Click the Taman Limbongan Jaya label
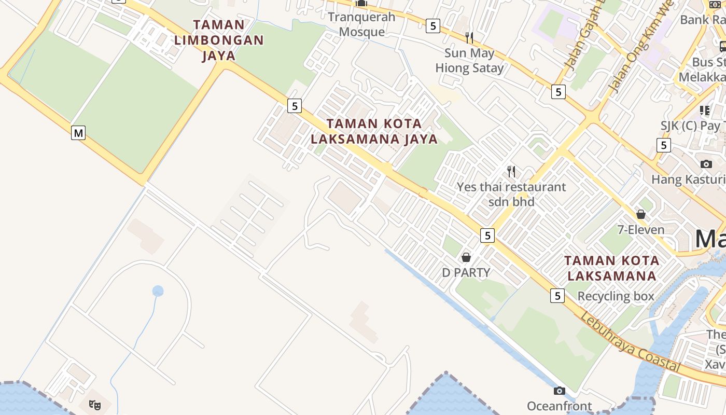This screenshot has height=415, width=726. (219, 40)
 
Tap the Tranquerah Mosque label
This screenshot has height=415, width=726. (361, 24)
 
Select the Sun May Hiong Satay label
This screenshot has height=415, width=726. (469, 60)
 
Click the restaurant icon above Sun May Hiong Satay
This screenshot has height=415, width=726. (469, 37)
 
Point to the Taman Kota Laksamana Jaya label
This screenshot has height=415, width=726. (374, 131)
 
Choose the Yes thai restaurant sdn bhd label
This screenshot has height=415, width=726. (511, 194)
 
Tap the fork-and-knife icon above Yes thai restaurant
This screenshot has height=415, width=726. (511, 171)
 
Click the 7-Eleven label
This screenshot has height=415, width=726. (641, 229)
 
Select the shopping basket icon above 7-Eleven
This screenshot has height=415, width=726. (641, 214)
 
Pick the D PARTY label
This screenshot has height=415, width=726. (466, 272)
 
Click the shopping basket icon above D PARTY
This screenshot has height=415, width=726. (466, 257)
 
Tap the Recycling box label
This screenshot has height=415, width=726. (616, 296)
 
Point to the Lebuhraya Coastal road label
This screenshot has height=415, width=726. (630, 342)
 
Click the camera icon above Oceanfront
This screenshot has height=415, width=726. (559, 391)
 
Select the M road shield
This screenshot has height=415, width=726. (78, 133)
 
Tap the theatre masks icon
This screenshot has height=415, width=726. (94, 404)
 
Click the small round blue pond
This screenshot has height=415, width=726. (158, 291)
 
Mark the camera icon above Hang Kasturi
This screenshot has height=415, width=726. (706, 164)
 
